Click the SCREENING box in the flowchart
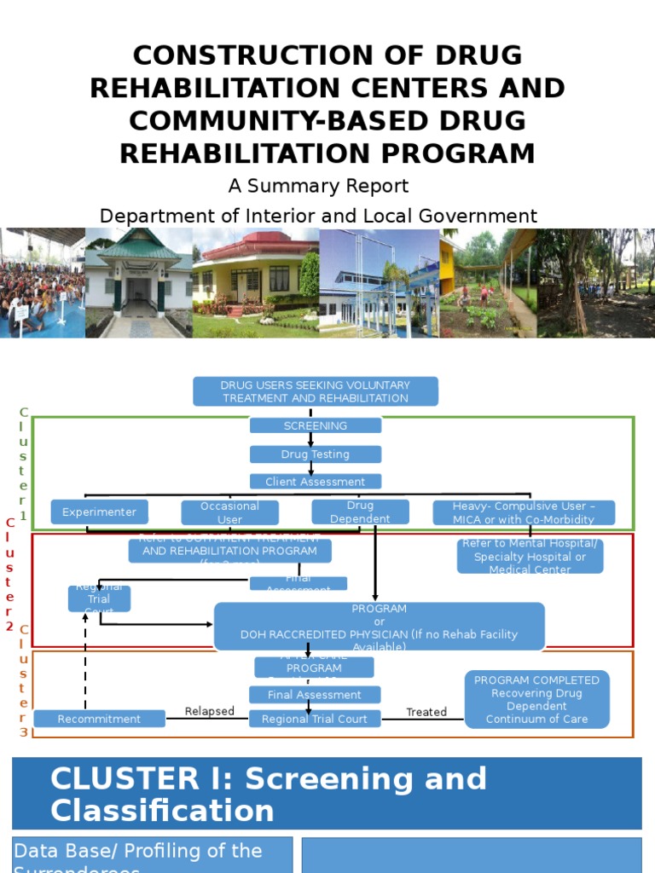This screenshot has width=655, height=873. click(316, 425)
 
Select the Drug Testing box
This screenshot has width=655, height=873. click(316, 454)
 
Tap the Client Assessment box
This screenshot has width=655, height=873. click(316, 482)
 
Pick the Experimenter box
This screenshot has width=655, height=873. click(100, 512)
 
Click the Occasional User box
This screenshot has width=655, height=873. click(230, 512)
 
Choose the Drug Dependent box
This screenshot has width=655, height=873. click(360, 512)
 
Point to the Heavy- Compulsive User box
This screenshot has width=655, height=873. click(524, 512)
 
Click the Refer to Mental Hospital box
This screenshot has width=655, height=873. click(530, 557)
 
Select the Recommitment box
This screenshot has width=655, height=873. click(100, 719)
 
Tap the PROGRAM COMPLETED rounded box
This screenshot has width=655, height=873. click(537, 699)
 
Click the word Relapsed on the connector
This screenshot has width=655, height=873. click(210, 711)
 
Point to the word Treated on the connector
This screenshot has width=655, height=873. click(426, 712)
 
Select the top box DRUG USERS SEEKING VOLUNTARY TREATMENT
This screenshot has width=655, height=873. click(316, 391)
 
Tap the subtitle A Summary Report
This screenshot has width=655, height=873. click(318, 186)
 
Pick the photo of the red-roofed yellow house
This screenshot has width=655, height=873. click(256, 283)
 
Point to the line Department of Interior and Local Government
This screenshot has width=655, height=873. click(318, 216)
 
